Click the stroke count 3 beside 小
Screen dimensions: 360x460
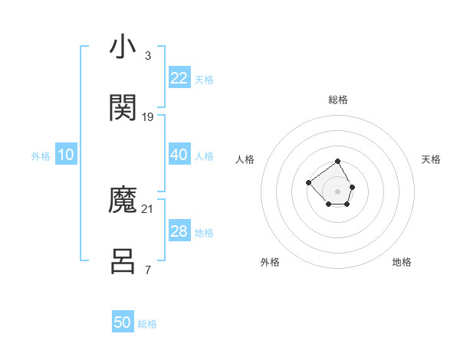tap(147, 55)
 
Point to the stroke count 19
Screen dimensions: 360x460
tap(148, 116)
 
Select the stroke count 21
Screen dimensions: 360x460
tap(148, 208)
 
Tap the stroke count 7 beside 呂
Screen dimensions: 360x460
tap(147, 270)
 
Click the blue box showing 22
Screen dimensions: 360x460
tap(179, 78)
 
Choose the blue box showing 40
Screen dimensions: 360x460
tap(179, 155)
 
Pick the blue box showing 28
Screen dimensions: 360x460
tap(179, 231)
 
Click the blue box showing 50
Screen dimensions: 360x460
tap(123, 322)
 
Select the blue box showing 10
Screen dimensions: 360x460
tap(65, 155)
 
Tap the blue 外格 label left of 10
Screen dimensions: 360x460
tap(41, 156)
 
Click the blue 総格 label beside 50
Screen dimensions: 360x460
tap(147, 324)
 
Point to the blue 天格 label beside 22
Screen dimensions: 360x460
tap(204, 80)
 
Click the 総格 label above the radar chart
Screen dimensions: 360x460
tap(337, 100)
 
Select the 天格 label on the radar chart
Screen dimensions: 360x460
tap(432, 159)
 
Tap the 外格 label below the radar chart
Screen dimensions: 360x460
tap(270, 262)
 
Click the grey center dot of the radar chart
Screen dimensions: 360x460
tap(337, 191)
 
